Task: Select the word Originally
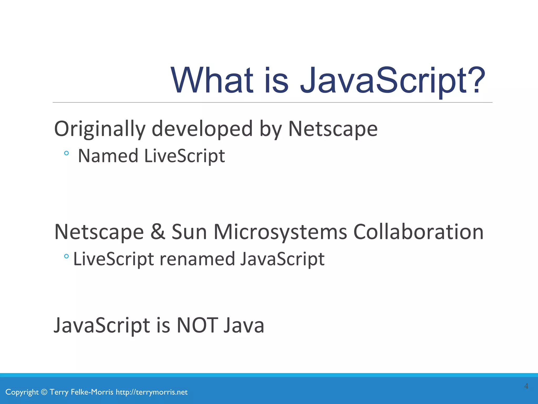tap(100, 129)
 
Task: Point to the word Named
tap(108, 156)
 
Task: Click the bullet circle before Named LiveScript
tap(66, 153)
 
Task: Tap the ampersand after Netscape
tap(158, 231)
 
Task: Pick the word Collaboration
tap(418, 231)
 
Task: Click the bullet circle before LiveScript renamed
tap(66, 256)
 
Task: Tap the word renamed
tap(197, 259)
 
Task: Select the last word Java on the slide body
tap(244, 325)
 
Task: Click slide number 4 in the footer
tap(526, 386)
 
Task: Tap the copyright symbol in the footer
tap(44, 392)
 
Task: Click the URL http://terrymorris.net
tap(152, 392)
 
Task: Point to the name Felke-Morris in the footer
tap(92, 392)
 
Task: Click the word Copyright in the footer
tap(22, 392)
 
